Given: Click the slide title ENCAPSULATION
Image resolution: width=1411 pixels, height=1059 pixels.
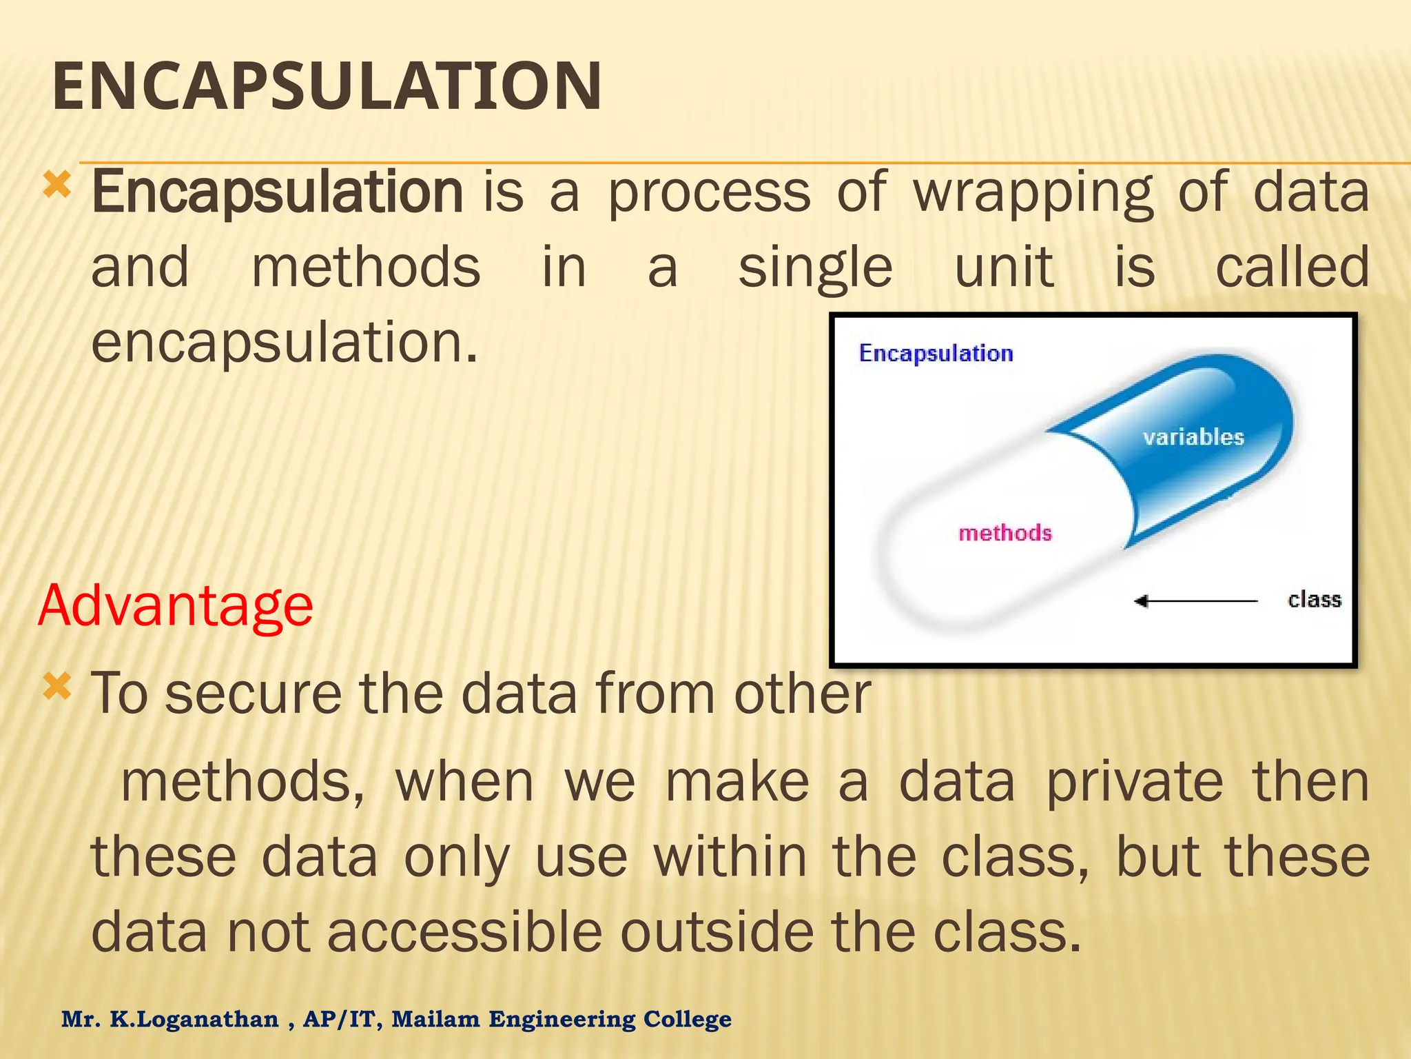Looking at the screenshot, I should (327, 87).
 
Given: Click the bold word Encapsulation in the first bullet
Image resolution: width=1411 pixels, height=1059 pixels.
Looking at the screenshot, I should (277, 193).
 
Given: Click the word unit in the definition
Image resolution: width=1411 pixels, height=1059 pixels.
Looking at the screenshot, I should (1004, 268).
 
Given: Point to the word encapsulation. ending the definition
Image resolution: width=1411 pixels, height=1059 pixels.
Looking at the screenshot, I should (284, 343).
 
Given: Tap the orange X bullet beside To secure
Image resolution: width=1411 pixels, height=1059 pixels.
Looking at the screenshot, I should (56, 687).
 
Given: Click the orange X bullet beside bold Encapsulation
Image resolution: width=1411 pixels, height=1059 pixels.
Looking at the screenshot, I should (56, 185).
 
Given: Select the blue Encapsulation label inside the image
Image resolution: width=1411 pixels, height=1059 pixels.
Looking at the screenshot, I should (936, 354).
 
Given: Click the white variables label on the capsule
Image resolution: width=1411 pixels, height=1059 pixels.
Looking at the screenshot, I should (1193, 437).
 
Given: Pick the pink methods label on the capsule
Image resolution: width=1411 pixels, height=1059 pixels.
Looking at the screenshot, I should (1005, 533).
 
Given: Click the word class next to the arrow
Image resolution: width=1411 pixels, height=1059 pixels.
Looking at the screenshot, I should (1314, 600).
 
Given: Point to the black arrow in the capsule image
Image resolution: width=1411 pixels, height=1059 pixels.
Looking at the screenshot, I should (1195, 601).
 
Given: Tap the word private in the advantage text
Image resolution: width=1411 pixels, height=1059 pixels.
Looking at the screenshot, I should (1134, 783).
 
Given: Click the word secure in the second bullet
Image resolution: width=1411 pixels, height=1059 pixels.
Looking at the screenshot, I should (253, 694).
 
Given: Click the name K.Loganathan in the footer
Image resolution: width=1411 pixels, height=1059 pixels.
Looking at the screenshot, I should (194, 1019).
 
